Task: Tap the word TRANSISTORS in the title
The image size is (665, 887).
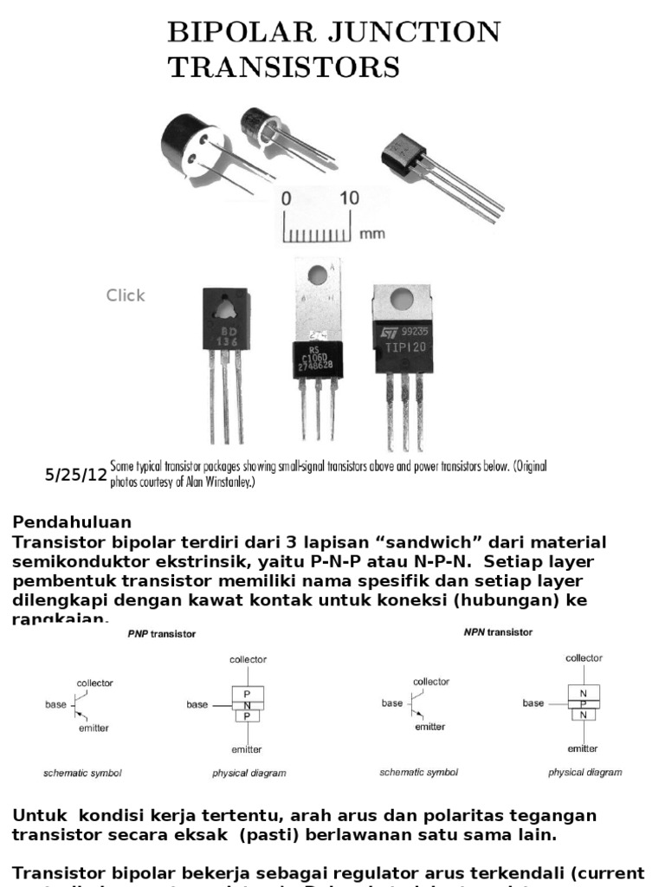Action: pos(283,67)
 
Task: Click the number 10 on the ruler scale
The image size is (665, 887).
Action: pos(348,198)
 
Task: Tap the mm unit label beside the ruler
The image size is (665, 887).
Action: pos(371,233)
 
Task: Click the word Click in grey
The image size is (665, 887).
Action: pos(126,295)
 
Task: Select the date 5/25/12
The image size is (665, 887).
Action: pos(76,475)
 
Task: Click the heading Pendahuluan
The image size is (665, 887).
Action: pos(72,522)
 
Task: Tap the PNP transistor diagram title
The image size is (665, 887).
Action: pos(163,634)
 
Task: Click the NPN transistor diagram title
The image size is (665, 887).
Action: pos(498,632)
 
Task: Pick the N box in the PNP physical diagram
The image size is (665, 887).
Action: pos(247,705)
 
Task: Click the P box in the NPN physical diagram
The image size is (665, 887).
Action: pos(583,704)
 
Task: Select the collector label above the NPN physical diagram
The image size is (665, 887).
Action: pos(584,658)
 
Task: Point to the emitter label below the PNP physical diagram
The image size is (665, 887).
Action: pos(247,748)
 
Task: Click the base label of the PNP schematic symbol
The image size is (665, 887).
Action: pos(55,705)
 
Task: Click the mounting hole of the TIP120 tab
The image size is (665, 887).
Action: pos(401,300)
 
